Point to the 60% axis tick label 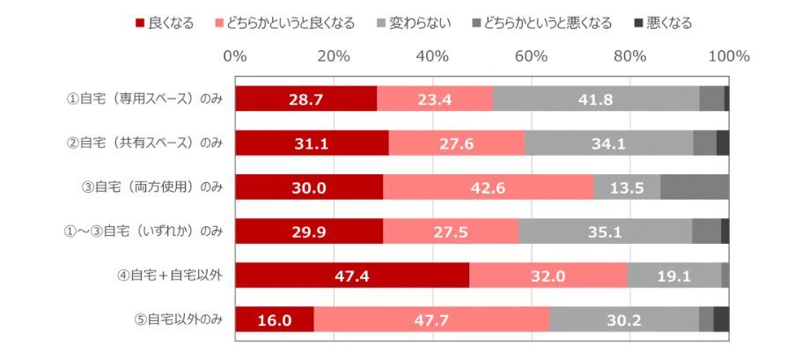pos(531,56)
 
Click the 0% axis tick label pos(235,56)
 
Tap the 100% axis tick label pos(728,56)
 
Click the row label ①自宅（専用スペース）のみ pos(144,99)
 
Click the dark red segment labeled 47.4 pos(352,276)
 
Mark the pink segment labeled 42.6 pos(489,187)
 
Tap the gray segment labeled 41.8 pos(596,99)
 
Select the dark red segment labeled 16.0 pos(275,320)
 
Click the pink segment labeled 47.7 pos(431,320)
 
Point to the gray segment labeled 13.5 pos(627,187)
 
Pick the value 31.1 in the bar pos(312,143)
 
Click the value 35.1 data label pos(605,231)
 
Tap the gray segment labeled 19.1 pos(674,276)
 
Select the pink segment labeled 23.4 pos(435,99)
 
